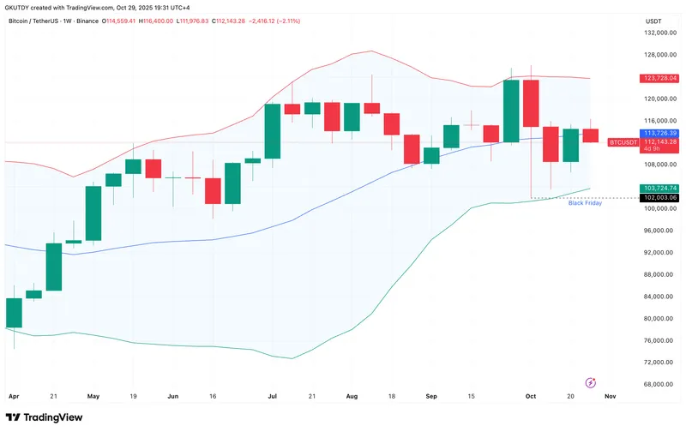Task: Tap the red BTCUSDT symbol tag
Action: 623,141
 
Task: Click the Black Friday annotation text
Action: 585,203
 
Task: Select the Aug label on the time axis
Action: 351,397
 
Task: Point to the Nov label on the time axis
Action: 609,397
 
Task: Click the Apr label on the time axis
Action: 13,397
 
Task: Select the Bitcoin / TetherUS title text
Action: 35,21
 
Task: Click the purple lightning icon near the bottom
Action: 590,381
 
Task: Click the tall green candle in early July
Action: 274,131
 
